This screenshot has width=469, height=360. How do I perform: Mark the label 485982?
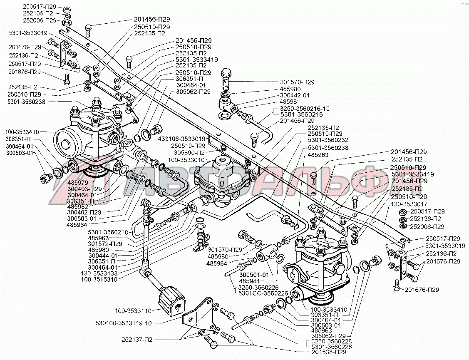(77, 206)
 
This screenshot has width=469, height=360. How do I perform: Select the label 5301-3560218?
(105, 232)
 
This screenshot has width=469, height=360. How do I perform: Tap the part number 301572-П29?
(105, 243)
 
